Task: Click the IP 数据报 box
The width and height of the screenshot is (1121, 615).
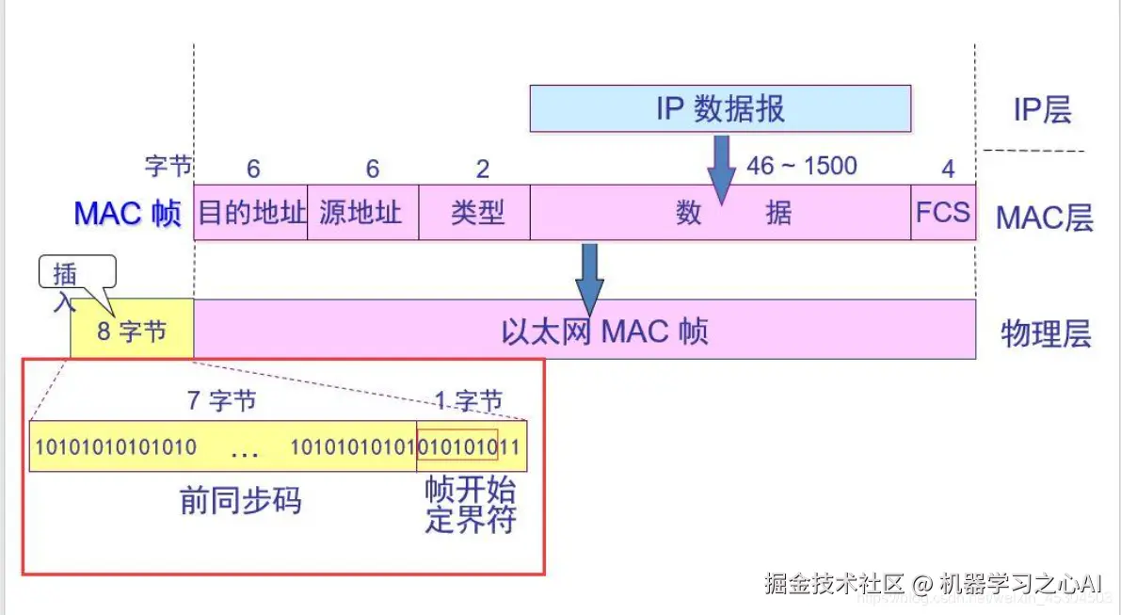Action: (x=720, y=108)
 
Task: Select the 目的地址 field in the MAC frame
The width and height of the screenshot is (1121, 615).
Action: (x=251, y=212)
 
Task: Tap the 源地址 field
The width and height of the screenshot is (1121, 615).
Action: (x=361, y=212)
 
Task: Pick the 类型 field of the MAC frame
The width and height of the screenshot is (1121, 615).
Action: (x=476, y=212)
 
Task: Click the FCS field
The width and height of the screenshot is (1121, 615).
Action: (x=942, y=212)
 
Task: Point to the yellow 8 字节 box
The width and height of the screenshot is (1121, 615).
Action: (x=132, y=331)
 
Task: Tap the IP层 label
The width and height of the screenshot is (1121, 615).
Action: (x=1042, y=110)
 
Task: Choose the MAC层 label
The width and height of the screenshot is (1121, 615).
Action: (x=1045, y=218)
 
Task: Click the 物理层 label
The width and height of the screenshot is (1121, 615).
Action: (x=1046, y=333)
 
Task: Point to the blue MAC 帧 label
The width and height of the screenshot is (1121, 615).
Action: (x=127, y=213)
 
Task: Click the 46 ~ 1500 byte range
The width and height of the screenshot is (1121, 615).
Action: (x=802, y=167)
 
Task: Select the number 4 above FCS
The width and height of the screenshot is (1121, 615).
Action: (x=948, y=170)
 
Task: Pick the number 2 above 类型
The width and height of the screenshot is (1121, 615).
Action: (x=483, y=170)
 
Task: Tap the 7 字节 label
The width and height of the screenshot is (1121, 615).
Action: (x=222, y=400)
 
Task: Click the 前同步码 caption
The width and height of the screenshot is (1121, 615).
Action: (x=241, y=501)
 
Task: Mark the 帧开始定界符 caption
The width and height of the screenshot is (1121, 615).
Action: (x=471, y=506)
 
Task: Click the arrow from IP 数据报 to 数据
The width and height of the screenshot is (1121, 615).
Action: (x=722, y=168)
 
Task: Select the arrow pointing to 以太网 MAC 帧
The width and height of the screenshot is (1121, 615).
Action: (x=590, y=276)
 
